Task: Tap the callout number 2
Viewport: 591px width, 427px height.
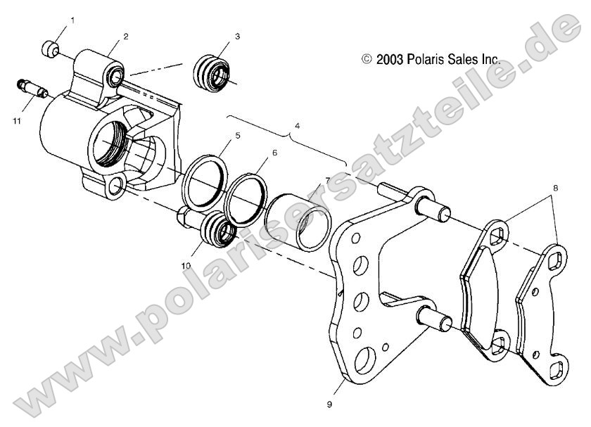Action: click(x=125, y=36)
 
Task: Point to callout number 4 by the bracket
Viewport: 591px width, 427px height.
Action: click(x=297, y=125)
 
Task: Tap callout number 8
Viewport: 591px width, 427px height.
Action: click(x=554, y=189)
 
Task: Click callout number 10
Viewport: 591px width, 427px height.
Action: click(x=186, y=265)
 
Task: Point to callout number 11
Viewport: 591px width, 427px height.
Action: click(x=16, y=121)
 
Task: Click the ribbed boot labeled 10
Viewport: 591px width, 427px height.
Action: click(x=217, y=231)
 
